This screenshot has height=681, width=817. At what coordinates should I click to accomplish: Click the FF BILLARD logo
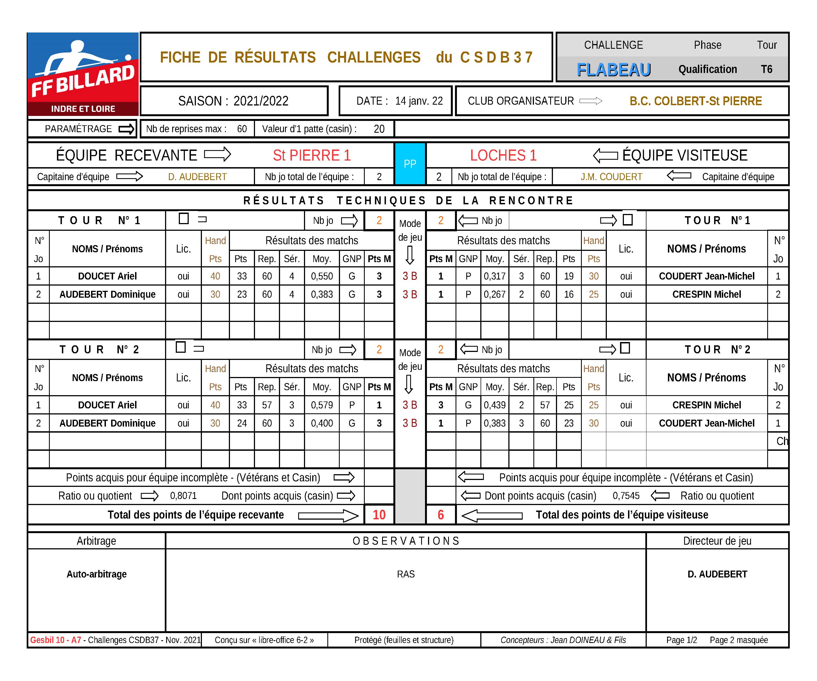(x=83, y=74)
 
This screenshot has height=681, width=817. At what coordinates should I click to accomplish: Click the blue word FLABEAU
(x=613, y=70)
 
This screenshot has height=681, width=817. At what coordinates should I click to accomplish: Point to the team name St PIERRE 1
(x=312, y=155)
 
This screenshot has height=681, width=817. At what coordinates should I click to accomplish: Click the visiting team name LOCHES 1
(x=503, y=155)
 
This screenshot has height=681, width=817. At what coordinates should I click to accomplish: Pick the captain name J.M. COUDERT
(x=611, y=177)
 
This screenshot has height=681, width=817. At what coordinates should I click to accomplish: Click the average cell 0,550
(x=322, y=276)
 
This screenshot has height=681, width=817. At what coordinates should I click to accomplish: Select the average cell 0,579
(x=322, y=405)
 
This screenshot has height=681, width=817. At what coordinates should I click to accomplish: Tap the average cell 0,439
(x=495, y=405)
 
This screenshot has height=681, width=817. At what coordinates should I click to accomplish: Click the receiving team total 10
(x=379, y=515)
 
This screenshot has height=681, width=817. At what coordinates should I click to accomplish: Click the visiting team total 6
(x=440, y=515)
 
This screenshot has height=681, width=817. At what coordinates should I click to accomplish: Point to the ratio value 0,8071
(x=183, y=496)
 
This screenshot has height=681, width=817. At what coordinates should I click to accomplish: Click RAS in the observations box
(x=406, y=574)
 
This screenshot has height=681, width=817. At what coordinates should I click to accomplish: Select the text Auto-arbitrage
(x=97, y=574)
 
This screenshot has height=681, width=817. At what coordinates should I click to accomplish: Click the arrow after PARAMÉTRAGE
(x=127, y=129)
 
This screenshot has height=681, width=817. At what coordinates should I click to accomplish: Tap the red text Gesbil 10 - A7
(x=56, y=640)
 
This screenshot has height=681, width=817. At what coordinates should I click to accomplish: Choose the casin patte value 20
(x=379, y=129)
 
